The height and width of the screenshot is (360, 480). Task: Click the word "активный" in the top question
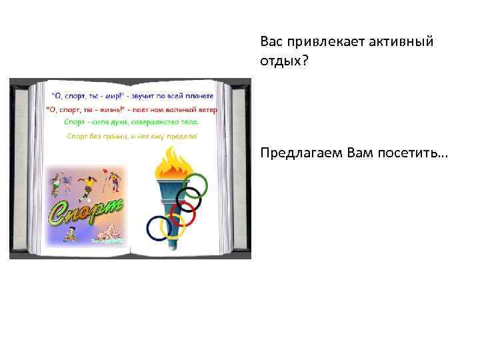pyautogui.click(x=402, y=42)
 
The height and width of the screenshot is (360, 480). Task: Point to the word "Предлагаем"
pyautogui.click(x=299, y=155)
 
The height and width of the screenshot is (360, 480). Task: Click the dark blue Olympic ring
pyautogui.click(x=159, y=228)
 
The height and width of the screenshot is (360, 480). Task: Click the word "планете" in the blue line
pyautogui.click(x=199, y=95)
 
